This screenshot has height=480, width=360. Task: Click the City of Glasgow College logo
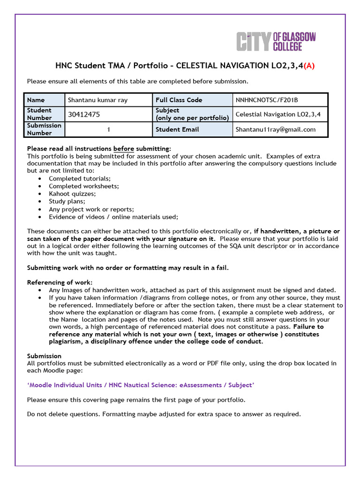coord(276,41)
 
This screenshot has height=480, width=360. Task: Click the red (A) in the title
coord(309,66)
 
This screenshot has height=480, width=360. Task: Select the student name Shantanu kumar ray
coord(97,100)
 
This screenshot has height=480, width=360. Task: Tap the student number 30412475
coord(84,114)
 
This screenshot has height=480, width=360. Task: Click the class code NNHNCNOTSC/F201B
coord(267,100)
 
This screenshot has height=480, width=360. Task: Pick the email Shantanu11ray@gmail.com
coord(275,129)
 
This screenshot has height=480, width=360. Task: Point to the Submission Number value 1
coord(108,129)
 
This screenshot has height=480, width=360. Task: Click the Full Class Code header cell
coord(179,100)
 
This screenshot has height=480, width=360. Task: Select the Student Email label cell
coord(177,129)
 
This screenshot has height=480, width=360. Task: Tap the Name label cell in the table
coord(36,100)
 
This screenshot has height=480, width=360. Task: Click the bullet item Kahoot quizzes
coord(72,194)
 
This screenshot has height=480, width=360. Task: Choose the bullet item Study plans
coord(67,202)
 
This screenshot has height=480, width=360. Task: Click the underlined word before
coord(124,148)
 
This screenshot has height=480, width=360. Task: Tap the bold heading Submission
coord(44,356)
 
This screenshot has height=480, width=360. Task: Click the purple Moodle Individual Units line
coord(141,385)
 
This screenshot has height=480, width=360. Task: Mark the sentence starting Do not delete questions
coord(164,414)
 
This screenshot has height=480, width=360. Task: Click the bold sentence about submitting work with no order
coord(128,268)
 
